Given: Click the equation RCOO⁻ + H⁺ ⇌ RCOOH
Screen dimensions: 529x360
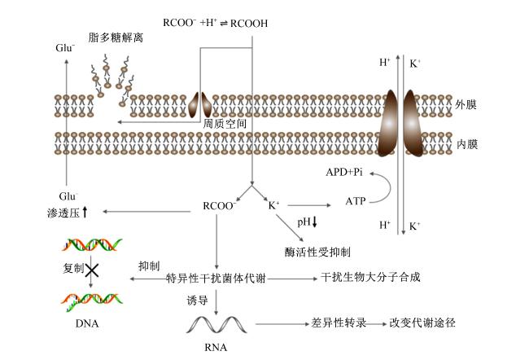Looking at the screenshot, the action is click(215, 23).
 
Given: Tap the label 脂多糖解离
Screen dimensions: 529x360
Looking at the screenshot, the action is click(116, 37).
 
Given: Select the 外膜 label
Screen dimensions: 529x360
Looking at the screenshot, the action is click(466, 105).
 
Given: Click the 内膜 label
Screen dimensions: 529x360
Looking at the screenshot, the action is click(467, 144).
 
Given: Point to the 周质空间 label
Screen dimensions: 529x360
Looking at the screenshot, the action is click(225, 124).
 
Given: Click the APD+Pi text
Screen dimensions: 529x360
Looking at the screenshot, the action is click(344, 172).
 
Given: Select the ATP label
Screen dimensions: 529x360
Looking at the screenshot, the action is click(356, 202).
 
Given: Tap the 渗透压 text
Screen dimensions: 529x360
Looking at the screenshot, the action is click(63, 213).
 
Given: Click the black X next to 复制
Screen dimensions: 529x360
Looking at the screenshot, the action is click(92, 270).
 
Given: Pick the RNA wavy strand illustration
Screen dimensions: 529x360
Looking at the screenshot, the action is click(216, 324).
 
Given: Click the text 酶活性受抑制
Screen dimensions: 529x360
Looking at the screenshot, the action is click(317, 252).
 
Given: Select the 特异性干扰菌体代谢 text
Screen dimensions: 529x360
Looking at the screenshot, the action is click(216, 279).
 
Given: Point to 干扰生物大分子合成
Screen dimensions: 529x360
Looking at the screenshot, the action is click(370, 277).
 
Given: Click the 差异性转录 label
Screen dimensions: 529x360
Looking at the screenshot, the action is click(339, 323).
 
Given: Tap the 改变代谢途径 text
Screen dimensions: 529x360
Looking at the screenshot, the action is click(422, 323).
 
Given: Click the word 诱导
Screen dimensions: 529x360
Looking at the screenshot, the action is click(197, 300).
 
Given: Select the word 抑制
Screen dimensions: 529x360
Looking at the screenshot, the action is click(149, 266).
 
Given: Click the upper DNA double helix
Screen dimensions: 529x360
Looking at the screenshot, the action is click(92, 245).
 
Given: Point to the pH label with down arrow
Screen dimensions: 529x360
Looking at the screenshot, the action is click(307, 222).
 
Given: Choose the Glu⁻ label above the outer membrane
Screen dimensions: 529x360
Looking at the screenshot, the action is click(65, 47).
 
